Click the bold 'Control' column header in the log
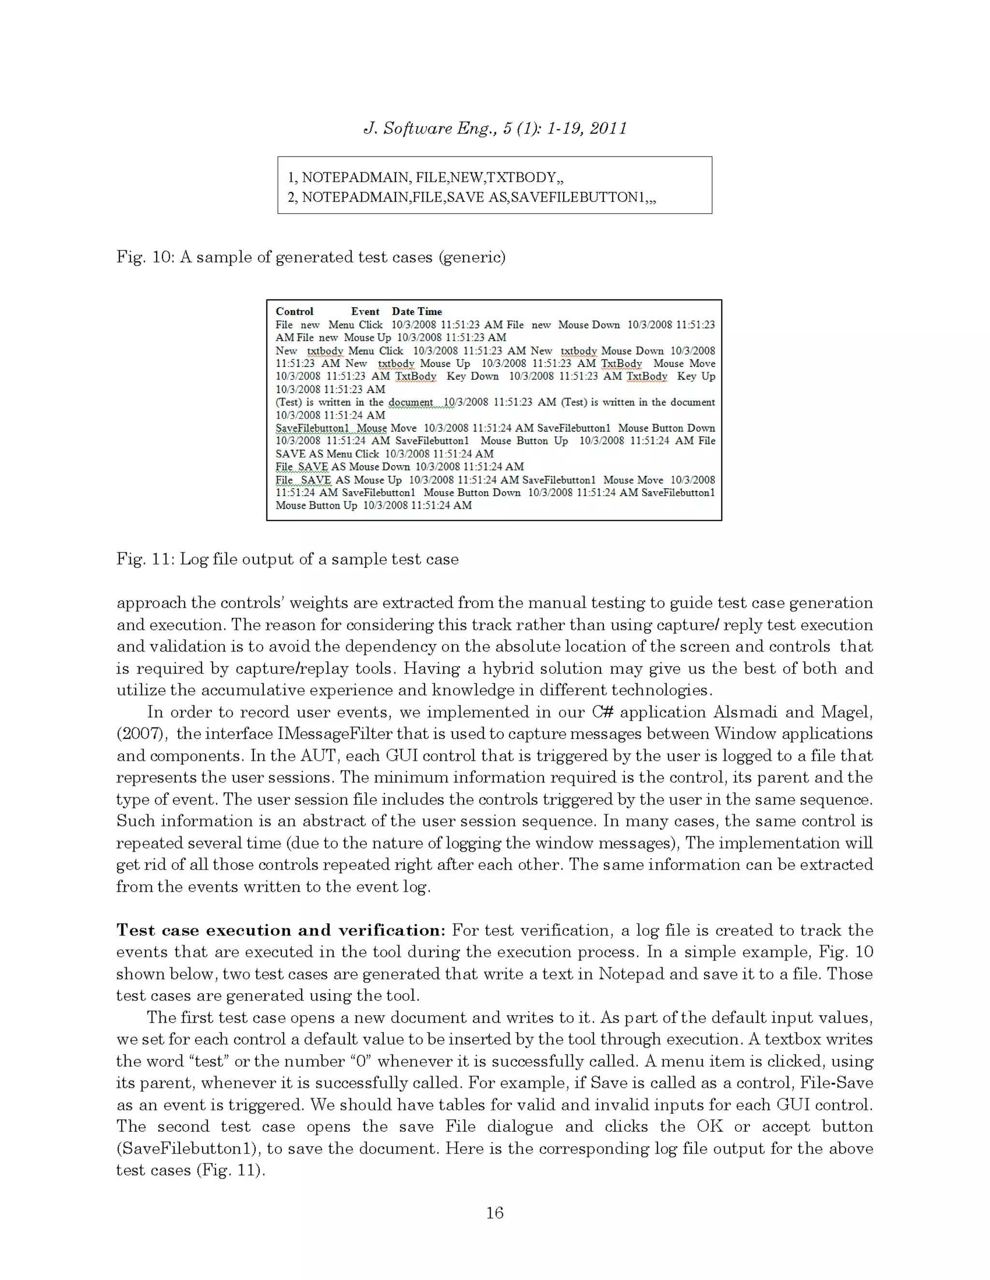click(x=294, y=311)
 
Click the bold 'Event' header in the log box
click(x=365, y=311)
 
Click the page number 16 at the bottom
click(x=495, y=1212)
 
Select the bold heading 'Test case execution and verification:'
click(x=280, y=930)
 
